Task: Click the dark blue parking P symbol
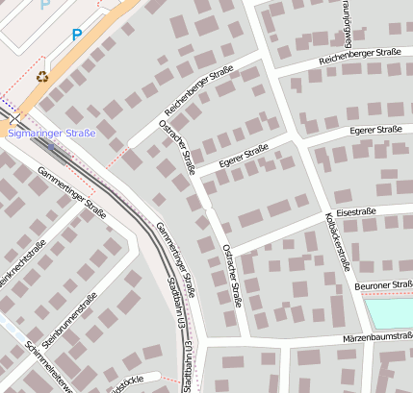click(x=77, y=35)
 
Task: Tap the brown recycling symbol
click(x=41, y=76)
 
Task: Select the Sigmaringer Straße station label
click(x=52, y=134)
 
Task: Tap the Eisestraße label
click(x=357, y=210)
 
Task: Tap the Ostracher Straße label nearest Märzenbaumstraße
click(x=232, y=275)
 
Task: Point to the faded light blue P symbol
click(x=44, y=5)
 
